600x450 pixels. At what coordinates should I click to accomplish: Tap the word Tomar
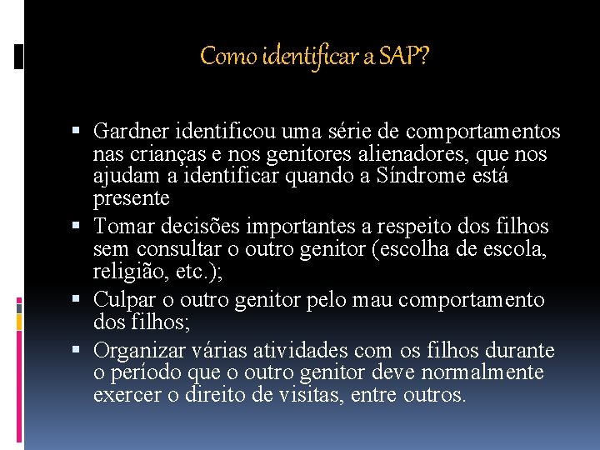[x=119, y=227]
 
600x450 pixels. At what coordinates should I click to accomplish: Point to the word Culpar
[x=122, y=299]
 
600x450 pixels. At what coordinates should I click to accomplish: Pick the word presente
[x=131, y=198]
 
